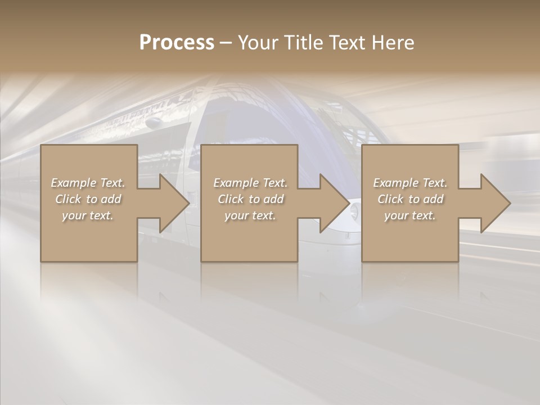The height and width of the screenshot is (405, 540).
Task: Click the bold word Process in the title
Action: point(177,43)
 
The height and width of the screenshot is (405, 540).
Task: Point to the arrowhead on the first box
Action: point(172,203)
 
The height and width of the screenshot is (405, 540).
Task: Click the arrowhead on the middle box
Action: point(332,203)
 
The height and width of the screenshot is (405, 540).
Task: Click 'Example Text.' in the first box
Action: point(88,183)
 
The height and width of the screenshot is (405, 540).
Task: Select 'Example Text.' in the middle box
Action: point(250,183)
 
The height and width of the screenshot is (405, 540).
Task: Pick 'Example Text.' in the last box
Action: point(410,183)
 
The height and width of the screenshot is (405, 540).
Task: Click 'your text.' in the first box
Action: point(88,215)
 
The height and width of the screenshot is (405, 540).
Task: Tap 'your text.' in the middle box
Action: point(250,215)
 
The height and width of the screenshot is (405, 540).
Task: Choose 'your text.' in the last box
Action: point(410,215)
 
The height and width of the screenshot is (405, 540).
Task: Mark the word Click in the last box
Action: point(390,199)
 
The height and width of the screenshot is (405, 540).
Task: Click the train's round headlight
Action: point(354,211)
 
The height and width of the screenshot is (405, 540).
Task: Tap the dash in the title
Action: point(226,43)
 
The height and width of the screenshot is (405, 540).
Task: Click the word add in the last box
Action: point(433,199)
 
